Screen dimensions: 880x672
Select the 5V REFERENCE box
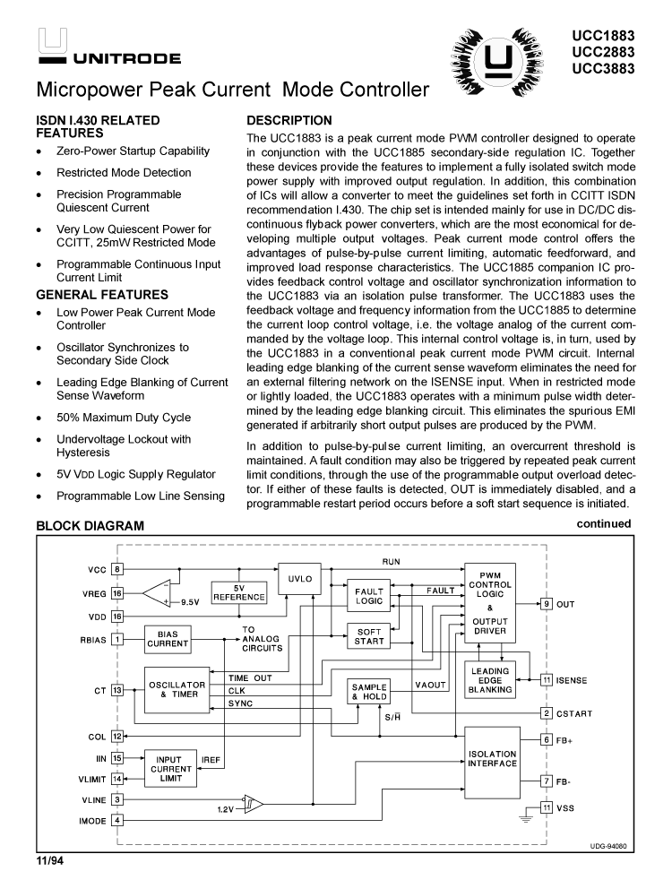coord(238,593)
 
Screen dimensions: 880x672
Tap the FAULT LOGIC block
coord(369,597)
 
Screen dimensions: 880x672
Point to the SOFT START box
coord(369,636)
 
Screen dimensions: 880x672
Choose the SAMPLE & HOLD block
coord(369,690)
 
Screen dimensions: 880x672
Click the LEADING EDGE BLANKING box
coord(490,680)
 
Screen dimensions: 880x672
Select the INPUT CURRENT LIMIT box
coord(170,769)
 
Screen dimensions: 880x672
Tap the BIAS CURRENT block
coord(168,638)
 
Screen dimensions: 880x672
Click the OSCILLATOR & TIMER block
coord(177,690)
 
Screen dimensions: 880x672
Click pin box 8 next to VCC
coord(117,570)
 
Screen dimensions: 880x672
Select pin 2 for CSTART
coord(546,713)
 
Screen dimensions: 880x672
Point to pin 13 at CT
coord(117,690)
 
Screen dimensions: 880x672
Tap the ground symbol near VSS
coord(522,816)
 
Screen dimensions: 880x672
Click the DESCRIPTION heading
coord(289,120)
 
